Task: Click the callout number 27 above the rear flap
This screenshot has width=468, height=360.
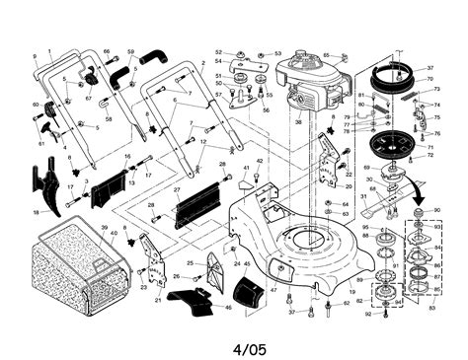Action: (177, 190)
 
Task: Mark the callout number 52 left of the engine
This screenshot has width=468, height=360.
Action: (219, 51)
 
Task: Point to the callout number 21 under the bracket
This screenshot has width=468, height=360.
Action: (157, 299)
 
